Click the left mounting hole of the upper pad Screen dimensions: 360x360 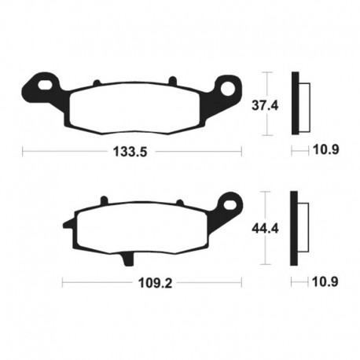[x=42, y=82]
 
